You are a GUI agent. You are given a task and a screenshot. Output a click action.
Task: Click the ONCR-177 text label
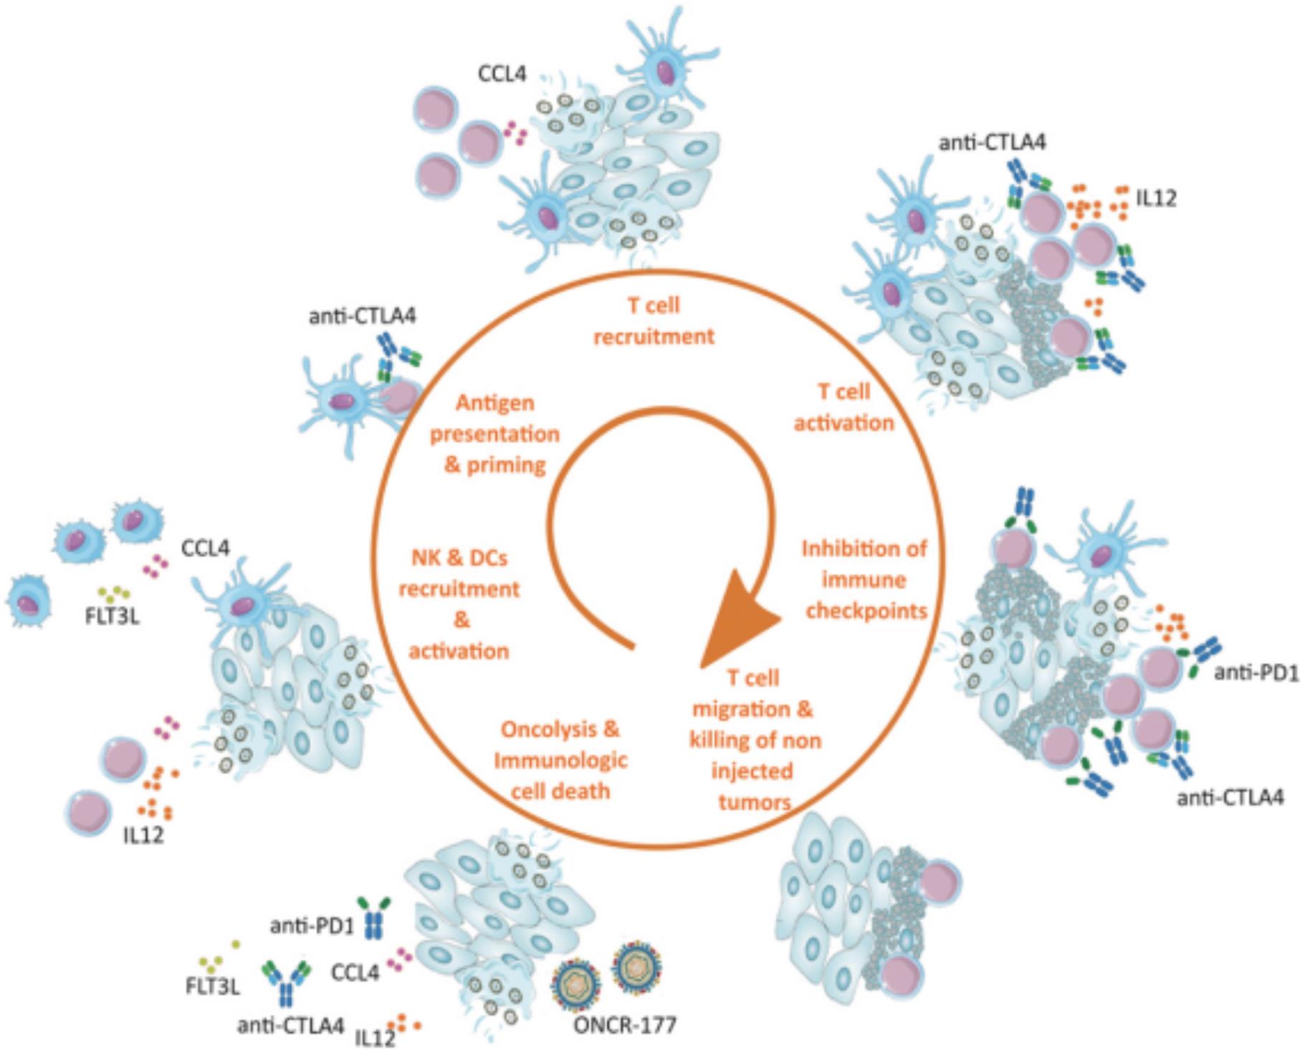[623, 1026]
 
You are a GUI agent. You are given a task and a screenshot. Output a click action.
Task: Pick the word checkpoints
[866, 611]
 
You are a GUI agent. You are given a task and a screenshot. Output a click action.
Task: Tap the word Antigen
[495, 403]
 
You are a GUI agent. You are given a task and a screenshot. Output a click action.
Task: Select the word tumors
[754, 802]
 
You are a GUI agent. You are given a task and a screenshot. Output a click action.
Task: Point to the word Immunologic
[560, 761]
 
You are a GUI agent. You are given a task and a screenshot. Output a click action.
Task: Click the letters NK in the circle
[425, 558]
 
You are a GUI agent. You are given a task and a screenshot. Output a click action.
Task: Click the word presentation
[494, 434]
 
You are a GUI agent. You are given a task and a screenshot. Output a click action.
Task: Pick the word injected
[752, 771]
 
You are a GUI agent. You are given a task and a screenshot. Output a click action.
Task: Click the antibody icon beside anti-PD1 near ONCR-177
[374, 918]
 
